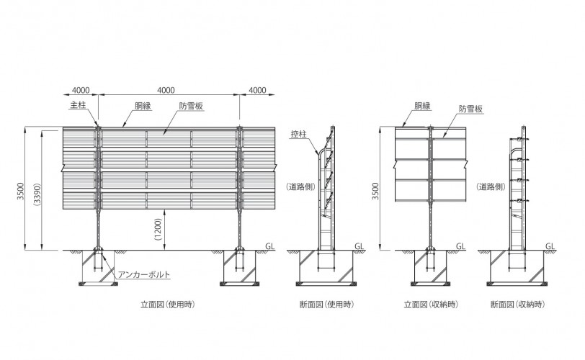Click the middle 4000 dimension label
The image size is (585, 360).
pos(166,90)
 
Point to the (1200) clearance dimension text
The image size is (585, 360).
pos(158,229)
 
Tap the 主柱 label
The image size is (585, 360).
pos(78,105)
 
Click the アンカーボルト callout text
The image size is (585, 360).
pos(144,274)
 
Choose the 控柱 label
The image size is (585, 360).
pos(298,134)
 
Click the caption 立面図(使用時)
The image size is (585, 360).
pos(168,305)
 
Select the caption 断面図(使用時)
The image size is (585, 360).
pos(326,305)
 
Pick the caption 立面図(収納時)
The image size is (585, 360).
pos(431,305)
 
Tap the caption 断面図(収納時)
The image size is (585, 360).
pos(517,305)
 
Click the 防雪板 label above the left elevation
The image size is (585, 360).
pos(191,106)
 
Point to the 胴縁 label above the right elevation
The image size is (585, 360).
pos(422,106)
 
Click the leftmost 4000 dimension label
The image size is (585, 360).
pos(81,90)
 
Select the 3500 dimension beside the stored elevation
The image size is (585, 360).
pos(375,191)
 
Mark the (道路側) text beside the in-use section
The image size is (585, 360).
pos(300,186)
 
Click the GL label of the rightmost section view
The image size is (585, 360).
pos(550,246)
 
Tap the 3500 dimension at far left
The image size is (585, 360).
pos(20,191)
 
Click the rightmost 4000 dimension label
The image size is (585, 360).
pos(257,90)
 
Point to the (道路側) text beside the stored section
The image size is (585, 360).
pos(491,186)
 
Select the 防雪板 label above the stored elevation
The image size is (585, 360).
pos(470,109)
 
